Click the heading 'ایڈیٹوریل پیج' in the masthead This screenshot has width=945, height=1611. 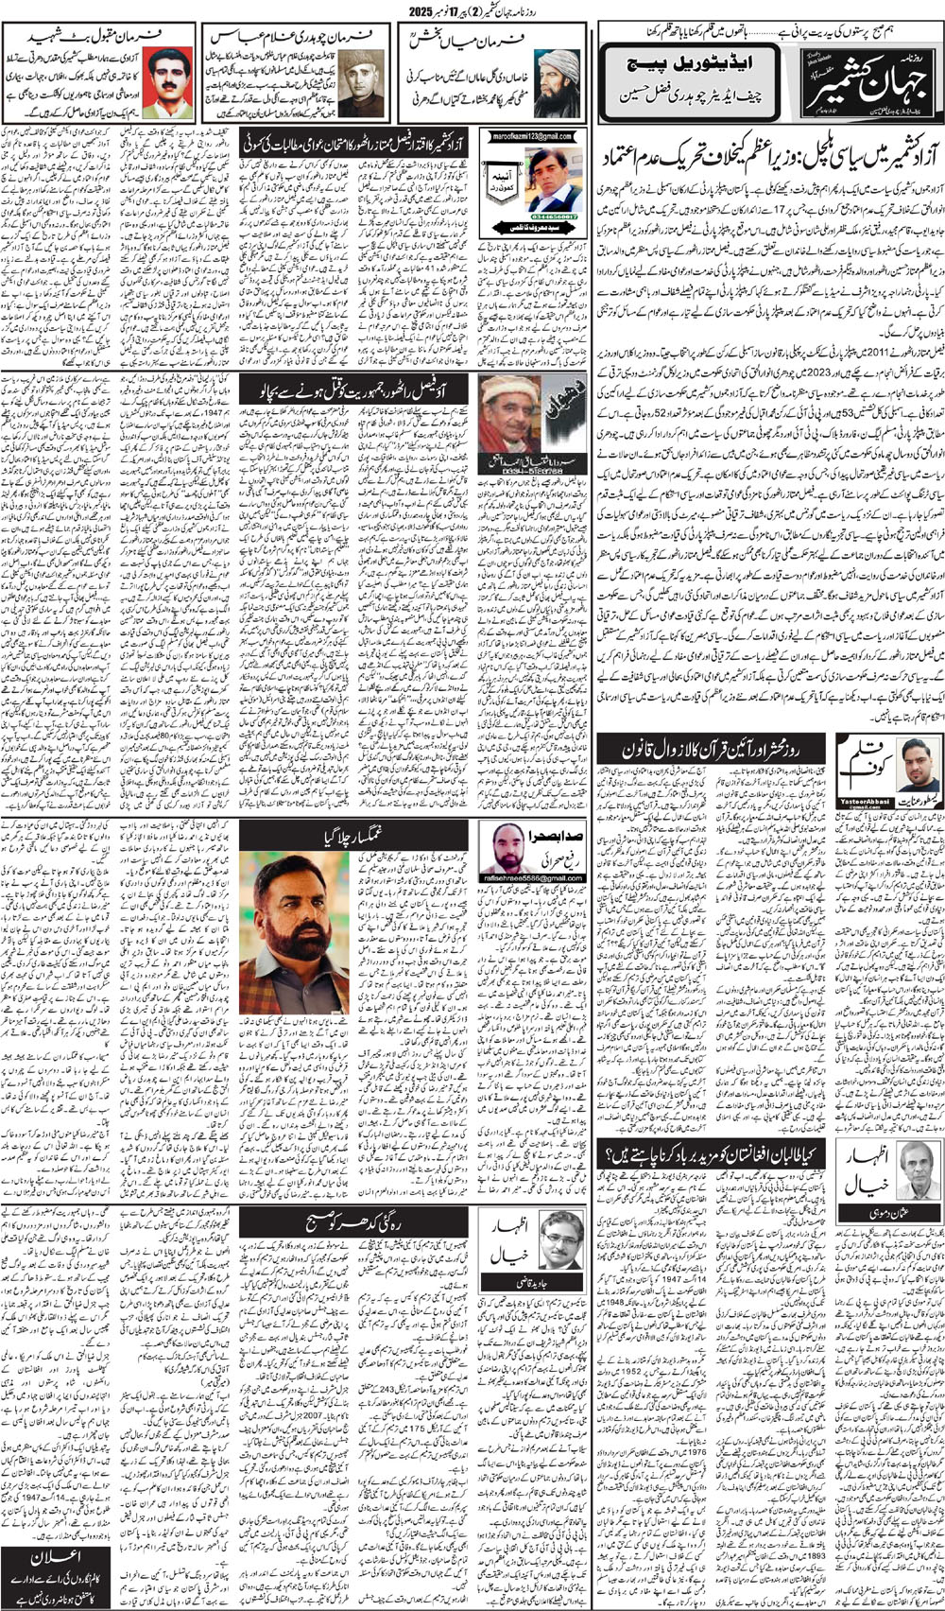click(687, 68)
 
